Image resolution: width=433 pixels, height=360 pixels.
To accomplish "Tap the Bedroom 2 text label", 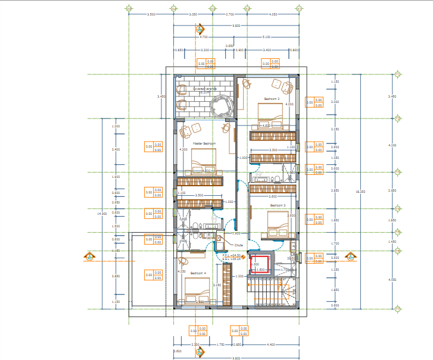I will coord(272,99).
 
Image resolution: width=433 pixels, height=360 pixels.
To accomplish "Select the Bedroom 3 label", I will coord(278,205).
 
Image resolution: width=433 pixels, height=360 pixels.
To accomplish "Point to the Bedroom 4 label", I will coord(199,274).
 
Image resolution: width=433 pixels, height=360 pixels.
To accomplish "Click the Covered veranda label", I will coord(204,89).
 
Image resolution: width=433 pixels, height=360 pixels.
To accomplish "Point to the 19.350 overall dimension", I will coord(357,192).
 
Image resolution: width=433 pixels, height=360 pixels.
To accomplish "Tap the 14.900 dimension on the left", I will coord(103,213).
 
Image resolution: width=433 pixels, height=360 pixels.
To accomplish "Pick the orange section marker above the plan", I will coord(201,29).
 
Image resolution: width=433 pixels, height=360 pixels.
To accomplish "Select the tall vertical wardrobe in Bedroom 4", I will coord(226,284).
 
